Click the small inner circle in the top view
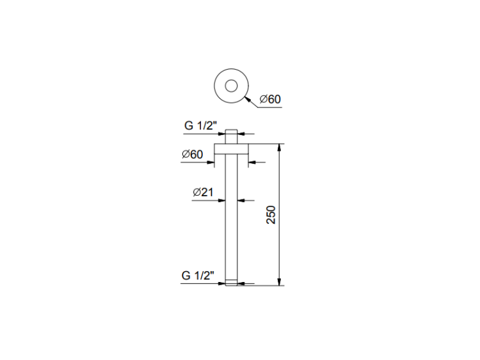click(231, 80)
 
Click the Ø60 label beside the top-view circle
click(270, 99)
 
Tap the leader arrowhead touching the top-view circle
click(248, 99)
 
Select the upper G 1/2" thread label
click(200, 125)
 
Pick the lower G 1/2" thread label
click(198, 276)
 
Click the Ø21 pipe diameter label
click(203, 192)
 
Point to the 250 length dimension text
click(271, 215)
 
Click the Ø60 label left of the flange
click(192, 154)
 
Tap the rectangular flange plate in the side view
click(231, 148)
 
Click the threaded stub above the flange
click(231, 136)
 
